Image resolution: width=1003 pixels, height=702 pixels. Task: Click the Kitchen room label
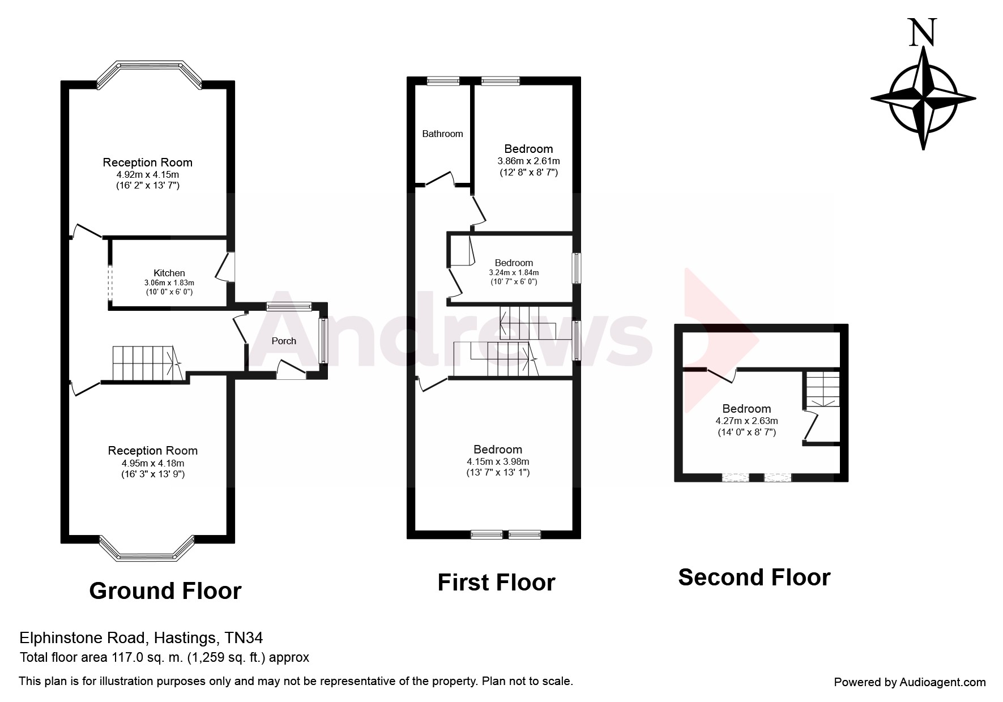(x=169, y=273)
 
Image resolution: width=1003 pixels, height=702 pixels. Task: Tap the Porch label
(x=284, y=341)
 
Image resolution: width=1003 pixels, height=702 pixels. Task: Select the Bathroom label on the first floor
(x=442, y=134)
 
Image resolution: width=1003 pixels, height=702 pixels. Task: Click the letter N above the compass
(x=923, y=32)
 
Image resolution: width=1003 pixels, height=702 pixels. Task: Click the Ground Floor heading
(x=165, y=591)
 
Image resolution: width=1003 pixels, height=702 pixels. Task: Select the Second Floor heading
(x=754, y=577)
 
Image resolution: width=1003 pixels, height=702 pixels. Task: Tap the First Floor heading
(x=496, y=583)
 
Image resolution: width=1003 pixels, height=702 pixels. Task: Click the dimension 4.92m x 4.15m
(x=147, y=174)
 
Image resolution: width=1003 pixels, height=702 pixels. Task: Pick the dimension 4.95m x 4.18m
(x=153, y=463)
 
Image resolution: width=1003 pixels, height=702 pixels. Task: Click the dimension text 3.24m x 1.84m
(x=514, y=272)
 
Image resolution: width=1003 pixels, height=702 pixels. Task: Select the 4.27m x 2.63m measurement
(x=746, y=421)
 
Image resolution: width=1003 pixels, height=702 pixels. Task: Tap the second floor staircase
(x=822, y=388)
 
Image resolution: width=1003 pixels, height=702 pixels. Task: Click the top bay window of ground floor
(x=149, y=72)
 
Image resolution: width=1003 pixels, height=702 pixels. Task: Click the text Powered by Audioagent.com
(x=910, y=682)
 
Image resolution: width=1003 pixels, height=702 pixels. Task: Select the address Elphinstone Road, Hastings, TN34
(x=141, y=638)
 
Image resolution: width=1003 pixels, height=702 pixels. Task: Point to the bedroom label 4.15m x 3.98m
(x=498, y=461)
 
